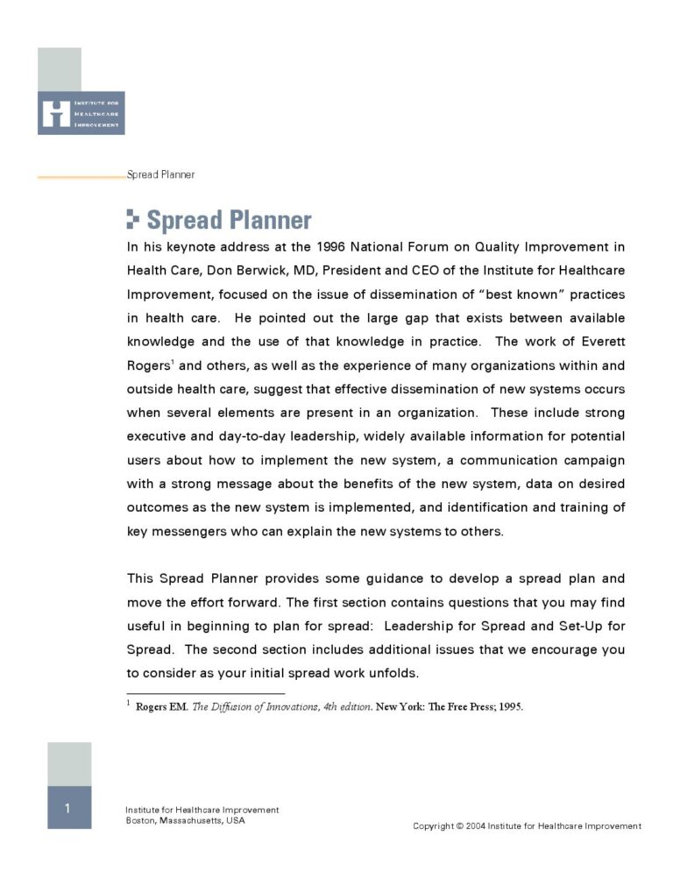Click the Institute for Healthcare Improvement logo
point(81,113)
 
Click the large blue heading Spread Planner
point(229,219)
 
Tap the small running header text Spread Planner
point(161,174)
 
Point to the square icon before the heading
point(133,219)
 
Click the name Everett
point(601,342)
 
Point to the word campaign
point(592,460)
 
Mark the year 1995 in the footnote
point(510,708)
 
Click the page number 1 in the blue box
point(68,808)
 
